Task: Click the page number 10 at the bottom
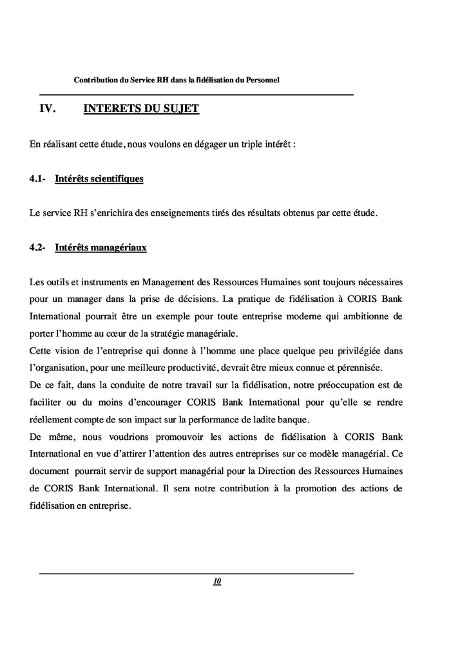pyautogui.click(x=216, y=582)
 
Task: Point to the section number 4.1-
pyautogui.click(x=37, y=178)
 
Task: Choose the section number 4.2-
pyautogui.click(x=37, y=247)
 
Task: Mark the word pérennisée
pyautogui.click(x=357, y=368)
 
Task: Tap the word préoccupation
pyautogui.click(x=337, y=385)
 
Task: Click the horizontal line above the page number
pyautogui.click(x=197, y=573)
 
